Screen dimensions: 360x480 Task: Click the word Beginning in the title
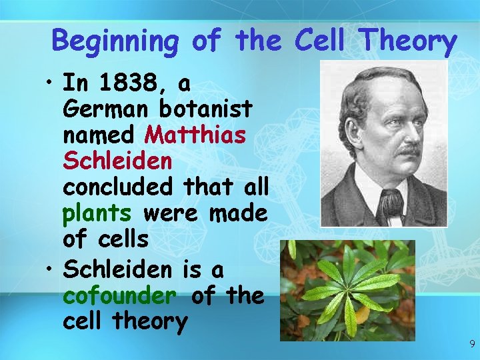click(115, 41)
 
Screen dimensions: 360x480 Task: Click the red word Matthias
click(196, 135)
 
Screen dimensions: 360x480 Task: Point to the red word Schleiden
click(117, 161)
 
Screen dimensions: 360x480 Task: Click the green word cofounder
click(120, 295)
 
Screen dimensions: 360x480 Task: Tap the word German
click(105, 109)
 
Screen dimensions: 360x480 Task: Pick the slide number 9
click(471, 345)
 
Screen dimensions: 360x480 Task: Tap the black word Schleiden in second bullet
click(117, 270)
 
